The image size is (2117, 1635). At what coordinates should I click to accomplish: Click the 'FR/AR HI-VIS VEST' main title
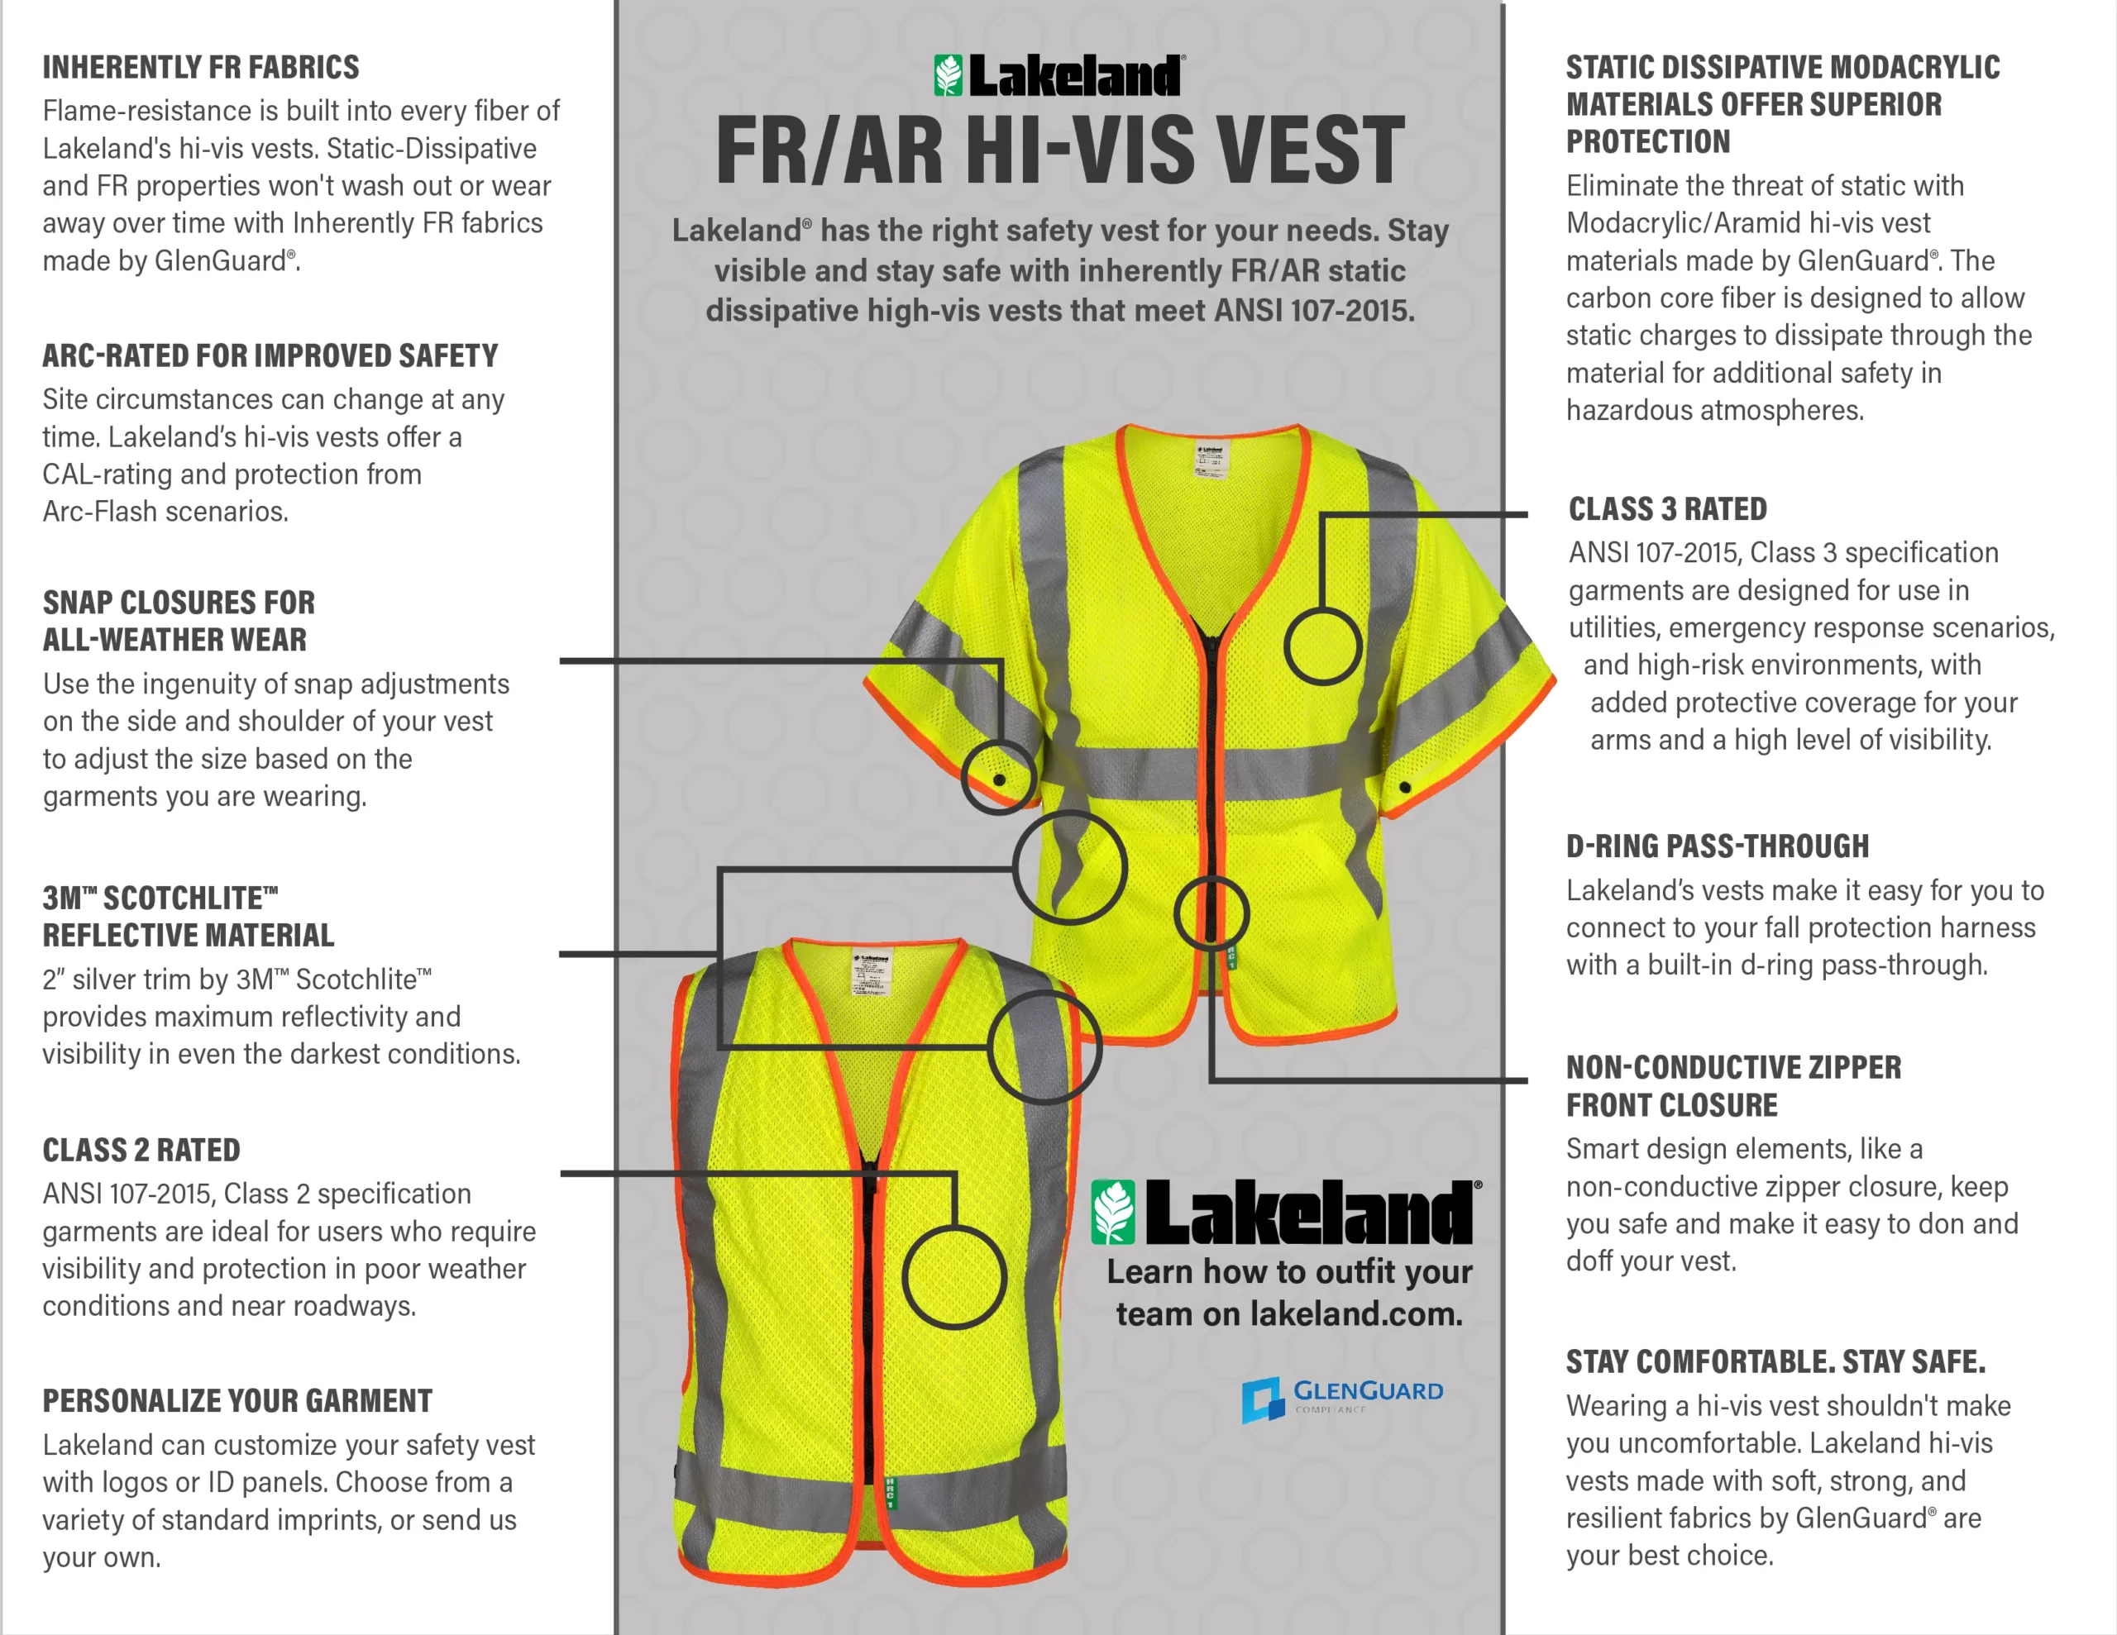[1059, 150]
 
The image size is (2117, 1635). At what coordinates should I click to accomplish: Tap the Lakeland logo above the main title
[1058, 75]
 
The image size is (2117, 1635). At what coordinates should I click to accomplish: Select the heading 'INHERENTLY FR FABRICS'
[201, 67]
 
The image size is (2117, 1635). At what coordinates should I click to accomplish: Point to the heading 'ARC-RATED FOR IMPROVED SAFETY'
[270, 355]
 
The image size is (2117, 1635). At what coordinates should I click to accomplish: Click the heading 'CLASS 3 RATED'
[1667, 509]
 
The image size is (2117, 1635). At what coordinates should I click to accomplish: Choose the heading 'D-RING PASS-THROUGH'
[1718, 846]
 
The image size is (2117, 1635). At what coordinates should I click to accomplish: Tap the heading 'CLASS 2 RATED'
[141, 1150]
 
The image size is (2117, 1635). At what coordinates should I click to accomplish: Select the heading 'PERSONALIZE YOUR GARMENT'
[237, 1400]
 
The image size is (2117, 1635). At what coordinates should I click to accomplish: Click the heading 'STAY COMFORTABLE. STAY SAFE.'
[1775, 1361]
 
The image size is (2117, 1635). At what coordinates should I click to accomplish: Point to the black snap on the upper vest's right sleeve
[1404, 787]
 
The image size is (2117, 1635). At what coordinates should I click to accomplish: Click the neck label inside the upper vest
[1211, 459]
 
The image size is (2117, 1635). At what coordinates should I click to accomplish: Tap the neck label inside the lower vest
[872, 972]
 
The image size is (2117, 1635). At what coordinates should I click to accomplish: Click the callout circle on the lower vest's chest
[953, 1276]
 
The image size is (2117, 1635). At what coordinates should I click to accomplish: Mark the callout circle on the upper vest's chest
[1322, 646]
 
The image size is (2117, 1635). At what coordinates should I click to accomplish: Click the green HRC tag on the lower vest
[890, 1493]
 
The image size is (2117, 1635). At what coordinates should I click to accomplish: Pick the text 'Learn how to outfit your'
[1289, 1270]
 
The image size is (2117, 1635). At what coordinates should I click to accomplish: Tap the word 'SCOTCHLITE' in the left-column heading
[184, 898]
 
